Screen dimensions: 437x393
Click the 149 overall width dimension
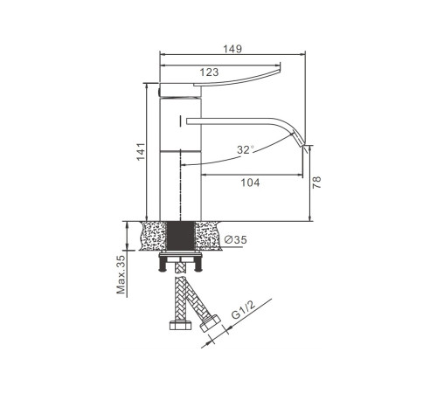point(232,49)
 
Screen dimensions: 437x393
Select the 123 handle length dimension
point(209,72)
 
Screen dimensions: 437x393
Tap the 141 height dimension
point(141,151)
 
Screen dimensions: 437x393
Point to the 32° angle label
point(246,149)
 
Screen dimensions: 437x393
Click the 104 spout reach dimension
point(250,183)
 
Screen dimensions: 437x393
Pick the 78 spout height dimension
point(316,183)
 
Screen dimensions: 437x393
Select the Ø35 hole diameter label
point(236,239)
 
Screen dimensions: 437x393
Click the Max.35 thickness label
point(121,274)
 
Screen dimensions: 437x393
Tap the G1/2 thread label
point(243,310)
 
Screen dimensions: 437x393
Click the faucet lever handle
point(236,76)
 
